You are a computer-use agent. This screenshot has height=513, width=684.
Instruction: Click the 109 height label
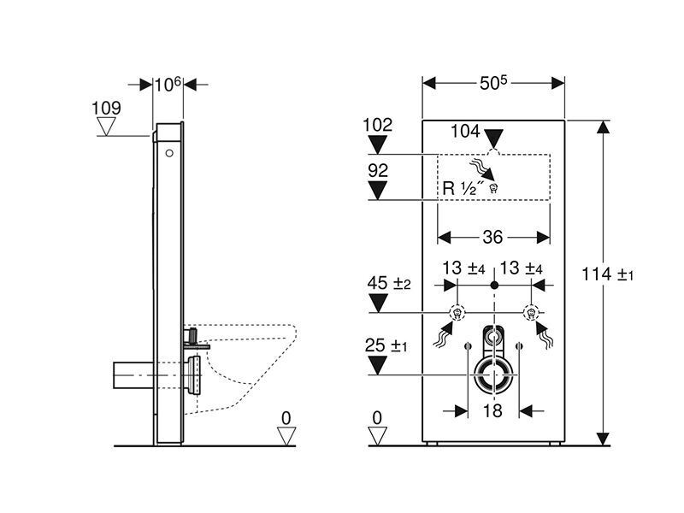tap(106, 109)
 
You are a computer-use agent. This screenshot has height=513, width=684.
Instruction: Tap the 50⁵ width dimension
tap(493, 83)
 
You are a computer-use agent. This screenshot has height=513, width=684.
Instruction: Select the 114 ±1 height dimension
tap(607, 274)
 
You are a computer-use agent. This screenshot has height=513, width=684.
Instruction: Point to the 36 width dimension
tap(493, 238)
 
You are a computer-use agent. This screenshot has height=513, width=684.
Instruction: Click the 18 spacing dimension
tap(493, 411)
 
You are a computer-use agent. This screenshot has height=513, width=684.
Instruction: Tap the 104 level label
tap(465, 131)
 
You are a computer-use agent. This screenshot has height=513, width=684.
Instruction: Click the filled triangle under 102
tap(378, 144)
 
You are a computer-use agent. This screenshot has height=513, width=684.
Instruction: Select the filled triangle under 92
tap(378, 190)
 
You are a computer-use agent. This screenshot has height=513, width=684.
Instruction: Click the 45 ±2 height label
tap(389, 283)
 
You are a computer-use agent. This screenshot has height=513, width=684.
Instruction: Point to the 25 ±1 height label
tap(386, 346)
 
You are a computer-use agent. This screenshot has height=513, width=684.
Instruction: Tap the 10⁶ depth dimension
tap(168, 84)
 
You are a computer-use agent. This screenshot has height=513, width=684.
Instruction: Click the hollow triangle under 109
tap(106, 127)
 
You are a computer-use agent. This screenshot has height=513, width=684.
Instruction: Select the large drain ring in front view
tap(494, 375)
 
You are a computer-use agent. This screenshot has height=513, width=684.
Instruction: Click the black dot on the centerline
tap(494, 286)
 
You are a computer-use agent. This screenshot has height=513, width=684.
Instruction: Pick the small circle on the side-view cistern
tap(169, 153)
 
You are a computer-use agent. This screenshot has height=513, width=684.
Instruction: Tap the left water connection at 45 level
tap(457, 313)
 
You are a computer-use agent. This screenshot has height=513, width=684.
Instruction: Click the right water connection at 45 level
tap(531, 313)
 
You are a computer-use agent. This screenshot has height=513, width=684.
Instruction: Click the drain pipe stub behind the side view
tap(133, 375)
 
